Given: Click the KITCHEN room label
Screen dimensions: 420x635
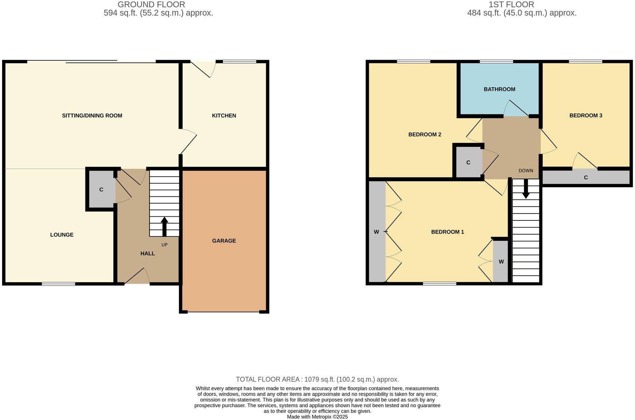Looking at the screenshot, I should [224, 116].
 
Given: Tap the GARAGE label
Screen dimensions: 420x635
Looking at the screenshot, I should [224, 241].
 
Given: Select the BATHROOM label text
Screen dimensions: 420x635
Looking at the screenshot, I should [499, 89].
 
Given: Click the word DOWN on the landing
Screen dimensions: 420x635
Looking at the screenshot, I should [526, 171].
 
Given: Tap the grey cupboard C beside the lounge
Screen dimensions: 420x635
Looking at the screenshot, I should [101, 189].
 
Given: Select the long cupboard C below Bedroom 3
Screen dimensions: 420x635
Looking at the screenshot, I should [586, 177].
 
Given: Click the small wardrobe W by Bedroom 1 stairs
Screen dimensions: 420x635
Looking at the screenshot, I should [501, 261].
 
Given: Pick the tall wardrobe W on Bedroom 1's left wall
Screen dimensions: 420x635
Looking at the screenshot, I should [376, 232].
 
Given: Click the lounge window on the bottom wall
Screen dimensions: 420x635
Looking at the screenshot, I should [58, 284].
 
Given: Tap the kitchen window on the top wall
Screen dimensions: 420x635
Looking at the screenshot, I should [239, 61].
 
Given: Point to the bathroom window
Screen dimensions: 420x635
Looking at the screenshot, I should [496, 61].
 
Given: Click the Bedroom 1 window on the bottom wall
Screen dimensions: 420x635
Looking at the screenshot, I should [439, 284].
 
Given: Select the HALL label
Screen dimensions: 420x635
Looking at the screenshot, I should [148, 253].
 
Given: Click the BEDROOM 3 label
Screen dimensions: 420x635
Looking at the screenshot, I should [586, 116].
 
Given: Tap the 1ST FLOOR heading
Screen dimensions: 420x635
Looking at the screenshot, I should [511, 5].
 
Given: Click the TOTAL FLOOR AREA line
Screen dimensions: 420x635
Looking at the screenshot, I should [317, 379].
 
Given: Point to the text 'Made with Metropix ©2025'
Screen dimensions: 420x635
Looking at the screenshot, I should [317, 417].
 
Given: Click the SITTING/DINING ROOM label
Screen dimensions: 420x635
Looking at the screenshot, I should [92, 116].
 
